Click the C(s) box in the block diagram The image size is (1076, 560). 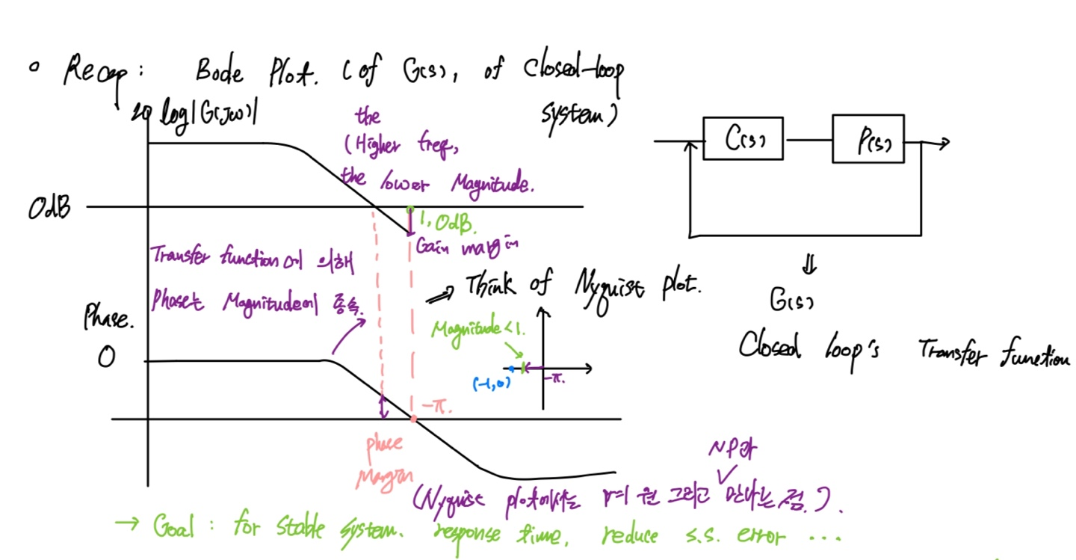743,139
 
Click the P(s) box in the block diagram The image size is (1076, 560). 868,139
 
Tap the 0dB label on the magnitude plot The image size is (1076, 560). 49,208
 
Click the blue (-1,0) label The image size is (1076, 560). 491,384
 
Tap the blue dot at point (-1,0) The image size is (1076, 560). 511,369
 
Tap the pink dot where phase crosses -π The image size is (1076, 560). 413,419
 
